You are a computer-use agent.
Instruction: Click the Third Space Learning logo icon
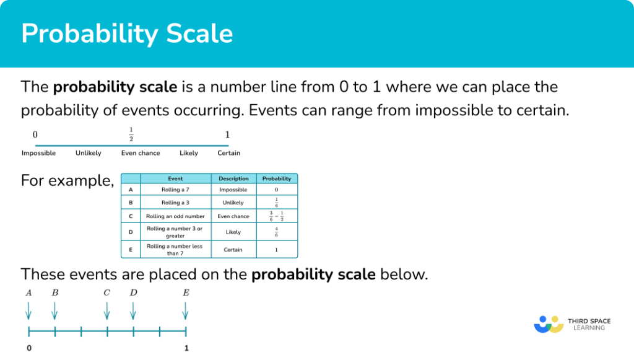tap(549, 323)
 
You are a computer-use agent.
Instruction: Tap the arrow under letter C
tap(107, 310)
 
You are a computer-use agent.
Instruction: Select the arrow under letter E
tap(186, 310)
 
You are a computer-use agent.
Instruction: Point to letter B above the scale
tap(55, 292)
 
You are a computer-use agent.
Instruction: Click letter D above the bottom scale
tap(133, 292)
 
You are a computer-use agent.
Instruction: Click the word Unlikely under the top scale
tap(89, 153)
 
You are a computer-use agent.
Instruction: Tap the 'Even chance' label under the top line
tap(141, 153)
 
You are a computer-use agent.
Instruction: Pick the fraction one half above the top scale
tap(131, 134)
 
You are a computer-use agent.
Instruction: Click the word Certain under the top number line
tap(228, 153)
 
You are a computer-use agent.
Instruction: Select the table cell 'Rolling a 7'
tap(175, 190)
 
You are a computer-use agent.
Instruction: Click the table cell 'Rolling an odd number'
tap(175, 216)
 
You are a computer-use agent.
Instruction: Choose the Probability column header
tap(276, 178)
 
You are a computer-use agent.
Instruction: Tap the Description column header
tap(233, 178)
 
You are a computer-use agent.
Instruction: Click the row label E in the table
tap(131, 250)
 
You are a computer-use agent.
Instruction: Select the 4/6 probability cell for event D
tap(276, 232)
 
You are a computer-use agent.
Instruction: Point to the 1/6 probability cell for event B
tap(276, 203)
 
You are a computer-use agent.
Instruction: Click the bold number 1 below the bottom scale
tap(186, 348)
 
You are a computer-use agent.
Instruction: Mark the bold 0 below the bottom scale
tap(28, 348)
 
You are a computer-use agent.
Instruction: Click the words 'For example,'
tap(67, 181)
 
